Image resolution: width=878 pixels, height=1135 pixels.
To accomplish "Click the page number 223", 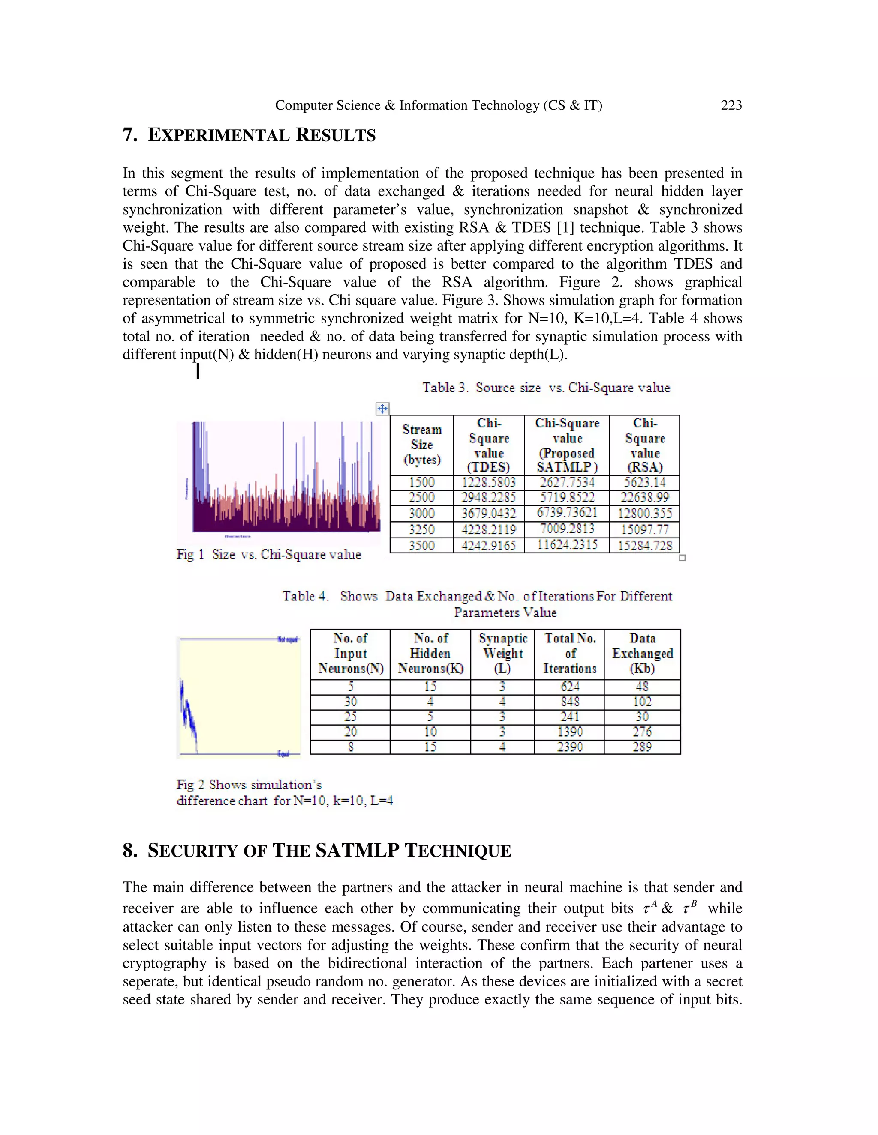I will (x=731, y=105).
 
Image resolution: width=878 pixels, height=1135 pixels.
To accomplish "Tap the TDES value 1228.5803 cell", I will (x=488, y=482).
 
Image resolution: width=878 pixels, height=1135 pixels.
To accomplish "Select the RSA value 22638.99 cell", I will (x=644, y=497).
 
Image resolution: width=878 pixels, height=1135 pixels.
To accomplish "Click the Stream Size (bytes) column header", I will (x=422, y=445).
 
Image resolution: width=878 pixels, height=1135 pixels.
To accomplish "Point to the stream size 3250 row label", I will (x=421, y=529).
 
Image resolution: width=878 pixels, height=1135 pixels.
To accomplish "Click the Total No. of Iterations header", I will (x=570, y=653).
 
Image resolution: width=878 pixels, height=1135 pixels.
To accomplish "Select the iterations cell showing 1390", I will (x=570, y=732).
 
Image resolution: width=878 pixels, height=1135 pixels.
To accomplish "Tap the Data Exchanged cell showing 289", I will (x=642, y=747).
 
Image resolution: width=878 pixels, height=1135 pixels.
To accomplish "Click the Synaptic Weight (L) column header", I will (x=502, y=653).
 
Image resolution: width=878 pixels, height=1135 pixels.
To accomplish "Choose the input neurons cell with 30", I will (x=350, y=702).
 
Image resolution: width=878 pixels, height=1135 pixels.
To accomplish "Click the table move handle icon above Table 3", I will (x=382, y=409).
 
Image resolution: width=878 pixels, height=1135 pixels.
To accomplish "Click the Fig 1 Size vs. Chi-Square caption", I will (x=268, y=555).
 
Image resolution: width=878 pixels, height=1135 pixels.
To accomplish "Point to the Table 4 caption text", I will (x=477, y=603).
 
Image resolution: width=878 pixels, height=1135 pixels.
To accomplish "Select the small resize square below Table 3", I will (x=683, y=558).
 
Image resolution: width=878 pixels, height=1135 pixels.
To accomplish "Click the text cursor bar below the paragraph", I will (x=198, y=372).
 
